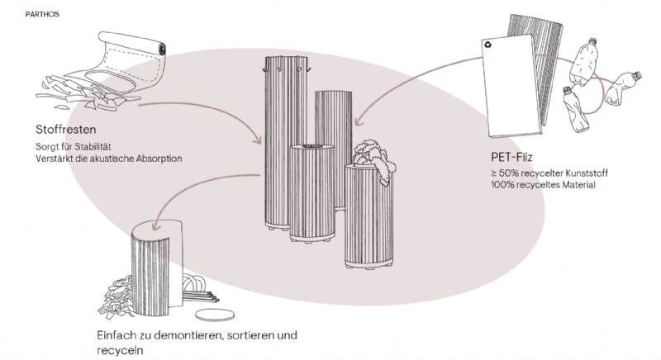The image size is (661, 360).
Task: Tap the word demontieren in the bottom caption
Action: [x=182, y=336]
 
